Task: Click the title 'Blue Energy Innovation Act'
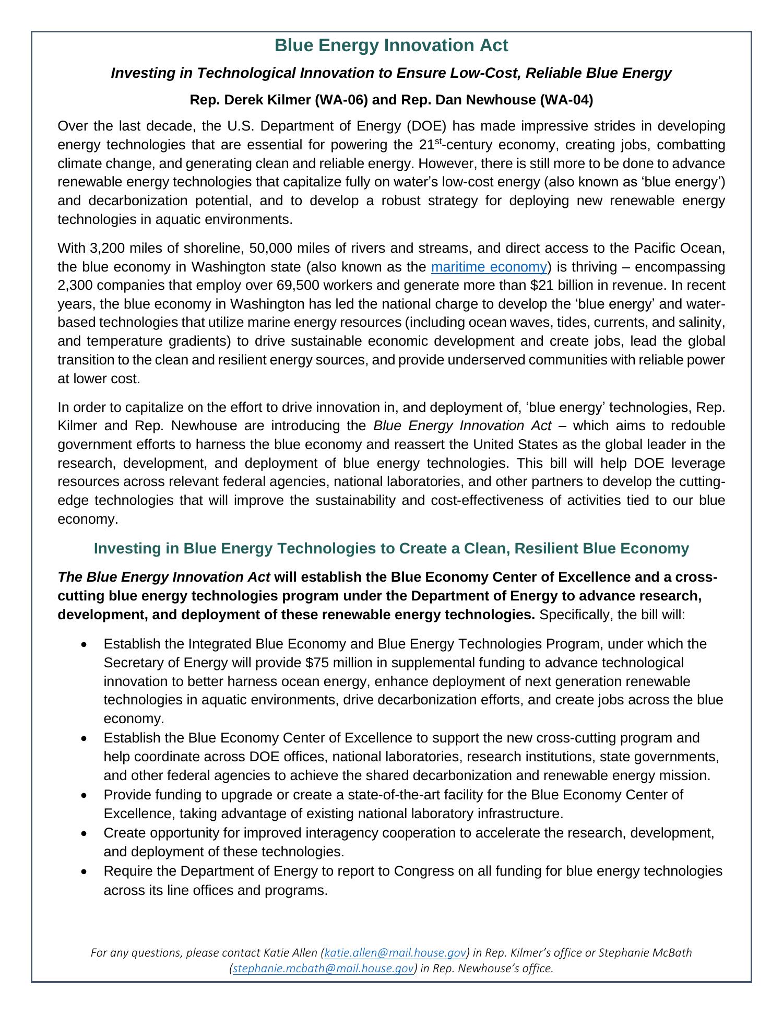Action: coord(391,46)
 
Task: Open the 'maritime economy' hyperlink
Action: coord(489,267)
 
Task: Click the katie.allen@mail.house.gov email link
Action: coord(395,953)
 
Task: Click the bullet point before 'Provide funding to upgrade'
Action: coord(85,795)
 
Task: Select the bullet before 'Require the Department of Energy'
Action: coord(85,871)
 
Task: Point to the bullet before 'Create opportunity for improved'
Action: coord(85,833)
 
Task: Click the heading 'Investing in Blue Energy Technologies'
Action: coord(391,548)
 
